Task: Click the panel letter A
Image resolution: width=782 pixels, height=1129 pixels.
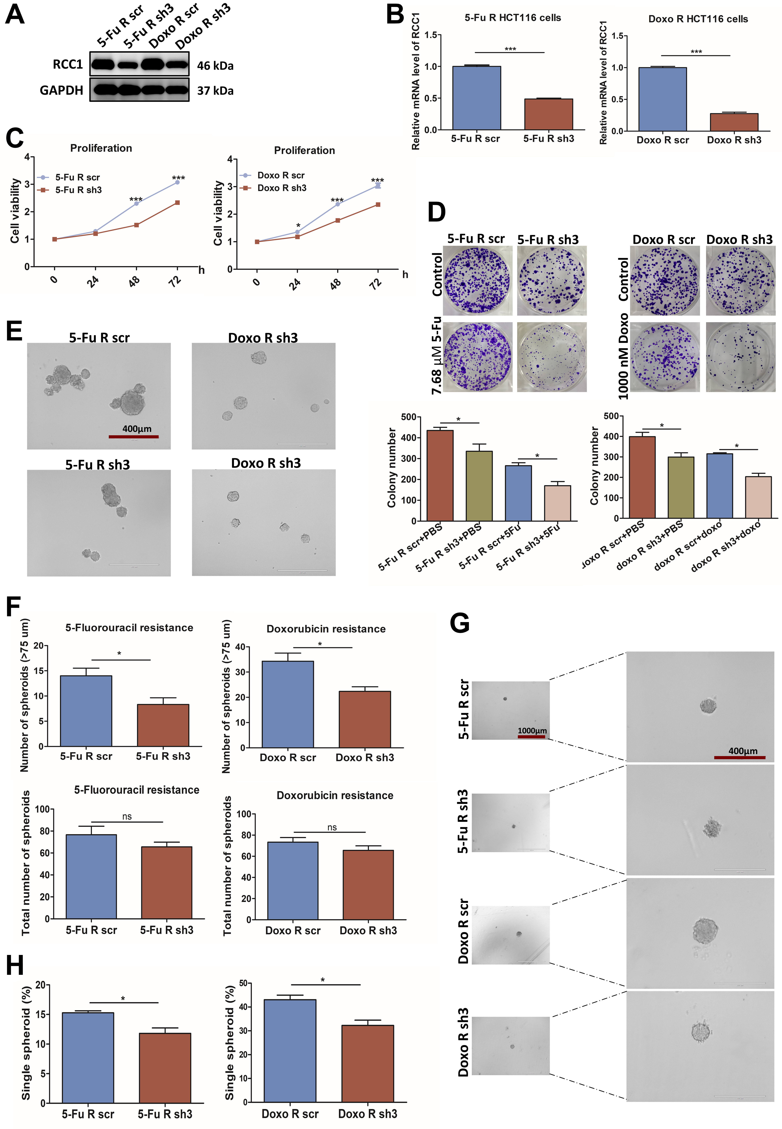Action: point(15,15)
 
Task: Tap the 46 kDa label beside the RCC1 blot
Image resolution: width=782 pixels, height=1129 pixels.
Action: point(215,66)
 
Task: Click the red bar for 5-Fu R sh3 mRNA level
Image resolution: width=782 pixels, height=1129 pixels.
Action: point(548,114)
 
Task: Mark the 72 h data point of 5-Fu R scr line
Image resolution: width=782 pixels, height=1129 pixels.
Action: point(177,182)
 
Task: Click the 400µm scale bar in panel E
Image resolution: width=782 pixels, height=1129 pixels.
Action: point(134,436)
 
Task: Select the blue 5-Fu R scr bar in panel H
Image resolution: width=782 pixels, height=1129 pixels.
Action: point(88,1058)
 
